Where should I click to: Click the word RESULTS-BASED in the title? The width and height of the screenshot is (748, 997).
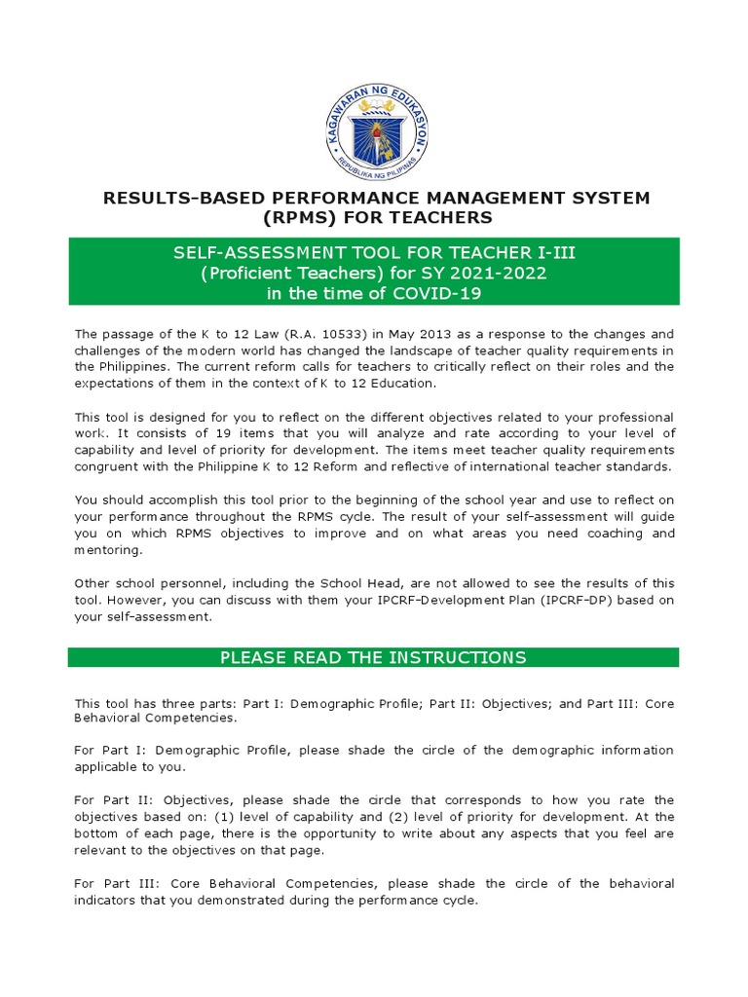point(163,199)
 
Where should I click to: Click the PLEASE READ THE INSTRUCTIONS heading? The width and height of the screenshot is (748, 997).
point(373,657)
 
